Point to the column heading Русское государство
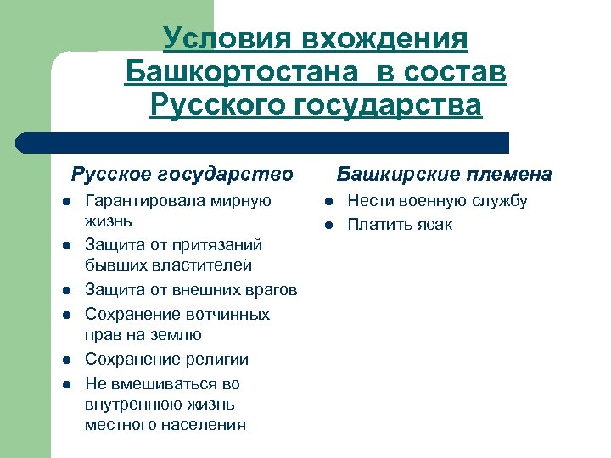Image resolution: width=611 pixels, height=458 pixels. (182, 175)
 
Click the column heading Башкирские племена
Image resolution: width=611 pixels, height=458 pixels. (445, 175)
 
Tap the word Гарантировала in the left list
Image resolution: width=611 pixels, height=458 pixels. (139, 201)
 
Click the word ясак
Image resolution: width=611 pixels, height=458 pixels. (434, 225)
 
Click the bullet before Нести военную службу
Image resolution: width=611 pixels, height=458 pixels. (328, 202)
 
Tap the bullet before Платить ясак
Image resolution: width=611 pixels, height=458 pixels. (328, 225)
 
